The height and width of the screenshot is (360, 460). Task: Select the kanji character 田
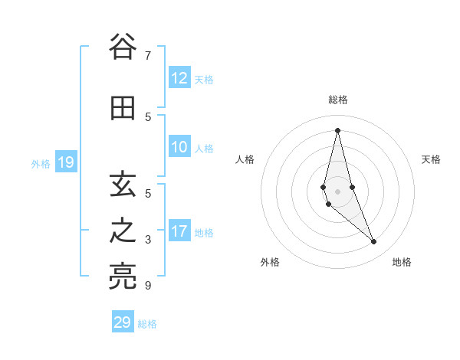[x=122, y=108]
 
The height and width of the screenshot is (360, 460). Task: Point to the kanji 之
[x=122, y=231]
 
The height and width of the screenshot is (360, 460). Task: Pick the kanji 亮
[x=122, y=278]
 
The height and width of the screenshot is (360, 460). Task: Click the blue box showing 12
[x=179, y=78]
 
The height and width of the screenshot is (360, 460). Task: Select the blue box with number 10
[x=179, y=148]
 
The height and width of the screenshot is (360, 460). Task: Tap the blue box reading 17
[x=179, y=232]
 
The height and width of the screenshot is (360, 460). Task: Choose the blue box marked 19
[x=65, y=162]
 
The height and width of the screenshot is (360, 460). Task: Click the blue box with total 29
[x=123, y=322]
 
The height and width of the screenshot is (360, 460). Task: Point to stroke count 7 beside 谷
[x=148, y=56]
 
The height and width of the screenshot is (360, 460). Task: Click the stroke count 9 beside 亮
[x=148, y=286]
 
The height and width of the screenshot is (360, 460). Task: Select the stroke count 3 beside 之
[x=148, y=240]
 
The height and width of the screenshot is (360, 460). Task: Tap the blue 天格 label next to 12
[x=204, y=79]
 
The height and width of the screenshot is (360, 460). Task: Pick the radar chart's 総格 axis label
[x=337, y=100]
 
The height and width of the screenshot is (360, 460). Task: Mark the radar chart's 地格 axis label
[x=402, y=262]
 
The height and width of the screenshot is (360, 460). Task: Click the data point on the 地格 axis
[x=374, y=242]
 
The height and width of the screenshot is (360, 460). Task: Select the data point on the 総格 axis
[x=337, y=130]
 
